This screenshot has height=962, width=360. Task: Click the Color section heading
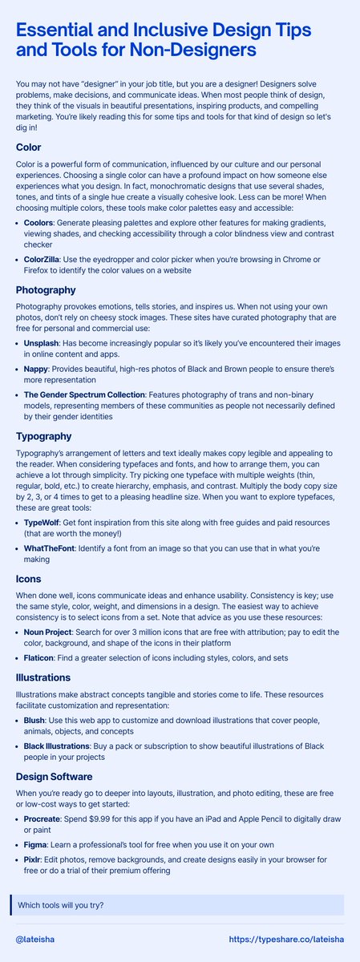pyautogui.click(x=32, y=148)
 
